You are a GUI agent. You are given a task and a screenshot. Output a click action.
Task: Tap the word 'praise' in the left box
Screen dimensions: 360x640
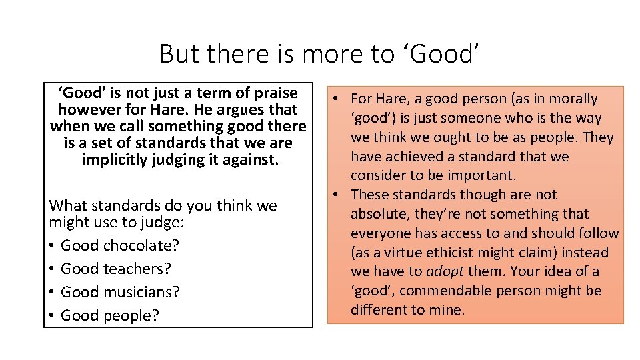273,92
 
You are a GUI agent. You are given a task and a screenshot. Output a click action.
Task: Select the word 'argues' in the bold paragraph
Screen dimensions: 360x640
229,109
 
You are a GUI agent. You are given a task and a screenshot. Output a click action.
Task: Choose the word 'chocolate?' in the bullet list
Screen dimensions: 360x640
144,245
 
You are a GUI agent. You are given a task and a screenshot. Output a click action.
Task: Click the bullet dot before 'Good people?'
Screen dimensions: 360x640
53,315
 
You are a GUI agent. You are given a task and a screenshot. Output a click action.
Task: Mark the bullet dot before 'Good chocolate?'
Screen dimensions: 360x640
53,245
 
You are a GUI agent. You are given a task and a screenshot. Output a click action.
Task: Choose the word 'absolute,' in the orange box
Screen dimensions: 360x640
380,214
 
